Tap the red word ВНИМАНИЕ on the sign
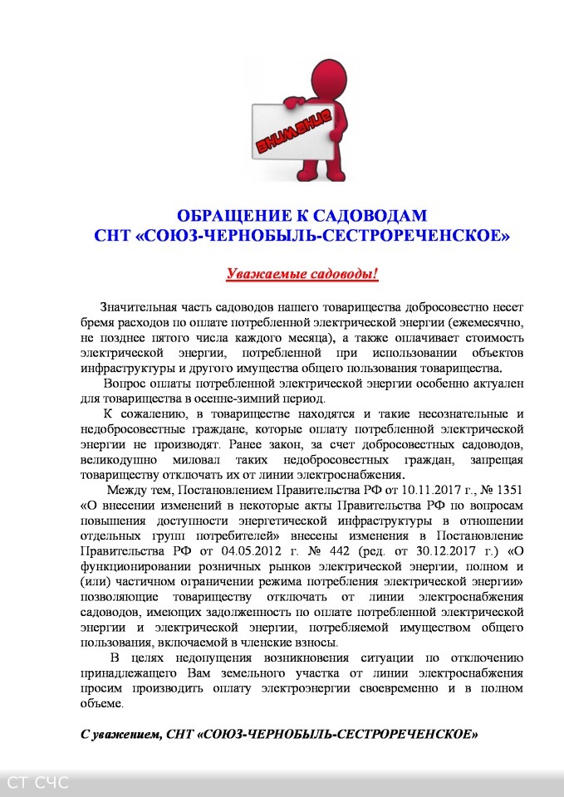pos(293,131)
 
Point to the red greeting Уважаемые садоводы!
pos(302,273)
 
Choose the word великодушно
pos(116,460)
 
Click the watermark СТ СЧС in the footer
pos(37,781)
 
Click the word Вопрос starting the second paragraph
pos(125,384)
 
